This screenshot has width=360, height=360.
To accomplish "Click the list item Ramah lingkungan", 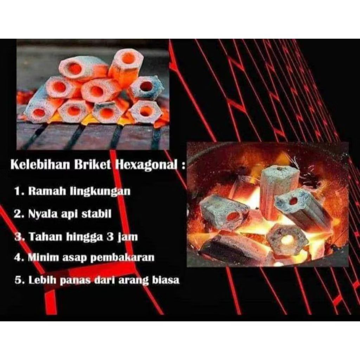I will click(79, 191).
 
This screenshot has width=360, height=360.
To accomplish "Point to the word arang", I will click(133, 280).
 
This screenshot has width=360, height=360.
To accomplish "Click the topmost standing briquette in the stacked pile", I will click(126, 67).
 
